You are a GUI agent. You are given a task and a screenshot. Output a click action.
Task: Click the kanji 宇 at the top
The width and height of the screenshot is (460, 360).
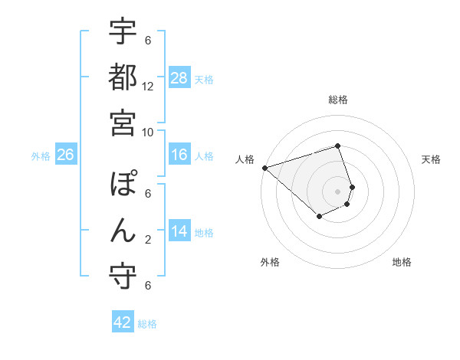pos(123,32)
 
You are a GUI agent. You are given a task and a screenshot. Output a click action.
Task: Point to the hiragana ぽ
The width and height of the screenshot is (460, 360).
pos(123,185)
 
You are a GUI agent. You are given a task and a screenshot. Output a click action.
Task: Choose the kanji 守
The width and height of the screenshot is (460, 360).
pos(123,277)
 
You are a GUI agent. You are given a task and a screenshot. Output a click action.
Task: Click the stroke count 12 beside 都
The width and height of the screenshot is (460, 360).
pos(148,87)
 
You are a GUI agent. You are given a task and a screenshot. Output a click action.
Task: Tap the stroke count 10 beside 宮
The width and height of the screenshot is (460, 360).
pos(148,132)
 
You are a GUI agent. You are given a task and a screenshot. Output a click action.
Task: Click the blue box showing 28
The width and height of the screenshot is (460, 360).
pos(179,78)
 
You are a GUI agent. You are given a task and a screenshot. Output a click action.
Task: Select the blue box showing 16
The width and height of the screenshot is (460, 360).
pos(179,155)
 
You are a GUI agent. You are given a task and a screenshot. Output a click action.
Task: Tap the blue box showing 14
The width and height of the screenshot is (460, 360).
pos(179,232)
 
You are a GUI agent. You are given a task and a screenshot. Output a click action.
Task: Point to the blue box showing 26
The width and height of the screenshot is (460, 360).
pos(65,155)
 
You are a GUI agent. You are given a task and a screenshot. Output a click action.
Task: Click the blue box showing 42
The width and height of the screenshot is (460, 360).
pos(123,322)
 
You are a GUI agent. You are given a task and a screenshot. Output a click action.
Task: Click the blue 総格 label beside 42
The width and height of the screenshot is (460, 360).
pos(147,324)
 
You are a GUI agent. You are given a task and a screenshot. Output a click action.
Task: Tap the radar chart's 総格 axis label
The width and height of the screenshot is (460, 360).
pos(338,100)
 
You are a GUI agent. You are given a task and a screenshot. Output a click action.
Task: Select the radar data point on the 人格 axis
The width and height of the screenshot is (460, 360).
pos(264,168)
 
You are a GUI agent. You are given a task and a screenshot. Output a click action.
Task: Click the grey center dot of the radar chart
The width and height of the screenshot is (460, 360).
pos(338,191)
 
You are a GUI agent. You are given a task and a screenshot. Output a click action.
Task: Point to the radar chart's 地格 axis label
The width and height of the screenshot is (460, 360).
pos(402,262)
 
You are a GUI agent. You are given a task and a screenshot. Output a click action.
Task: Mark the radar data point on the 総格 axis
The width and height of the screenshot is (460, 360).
pos(338,146)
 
